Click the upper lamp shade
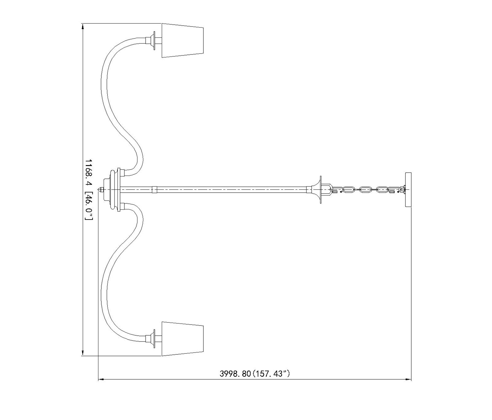[183, 40]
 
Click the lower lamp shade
[183, 339]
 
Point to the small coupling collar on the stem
[154, 190]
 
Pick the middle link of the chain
[365, 190]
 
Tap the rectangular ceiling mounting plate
[408, 190]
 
